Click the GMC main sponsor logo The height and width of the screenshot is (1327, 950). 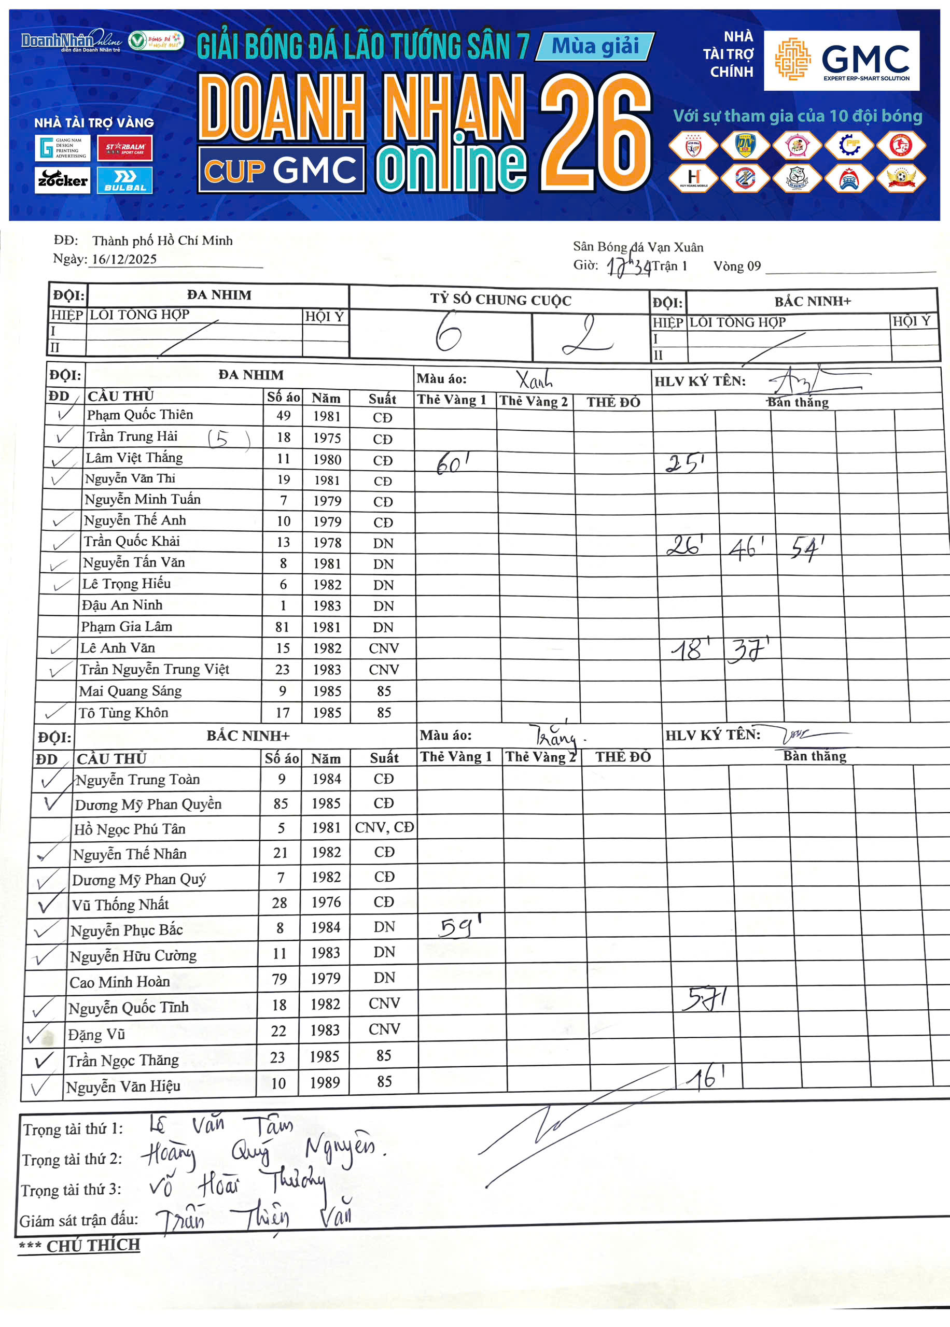click(841, 61)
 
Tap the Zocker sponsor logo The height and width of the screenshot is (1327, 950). click(63, 180)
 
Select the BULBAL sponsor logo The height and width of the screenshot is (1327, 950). click(124, 180)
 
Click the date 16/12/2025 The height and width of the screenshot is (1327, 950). click(124, 260)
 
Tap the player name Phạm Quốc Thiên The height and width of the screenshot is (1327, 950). click(140, 415)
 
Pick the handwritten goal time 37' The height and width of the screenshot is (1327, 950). click(747, 650)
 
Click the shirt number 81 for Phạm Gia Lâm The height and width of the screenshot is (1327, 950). click(283, 627)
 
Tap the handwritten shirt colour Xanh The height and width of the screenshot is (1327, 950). click(534, 381)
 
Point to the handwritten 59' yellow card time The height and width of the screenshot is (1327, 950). click(460, 926)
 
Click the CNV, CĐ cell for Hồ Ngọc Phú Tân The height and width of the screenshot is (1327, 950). click(384, 828)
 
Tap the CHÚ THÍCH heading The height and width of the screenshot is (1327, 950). click(92, 1246)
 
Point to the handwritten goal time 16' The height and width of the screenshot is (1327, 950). click(706, 1076)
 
